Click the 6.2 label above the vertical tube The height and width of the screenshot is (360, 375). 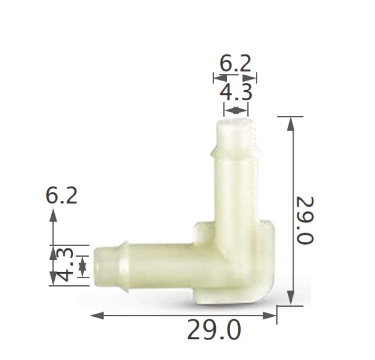(x=235, y=63)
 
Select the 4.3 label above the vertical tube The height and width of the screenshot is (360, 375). (x=236, y=92)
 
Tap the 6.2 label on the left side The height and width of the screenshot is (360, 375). (x=62, y=196)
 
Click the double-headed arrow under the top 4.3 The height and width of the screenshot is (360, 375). (x=236, y=110)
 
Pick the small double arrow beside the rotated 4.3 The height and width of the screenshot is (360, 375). (x=82, y=266)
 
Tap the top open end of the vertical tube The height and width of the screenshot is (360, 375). (x=235, y=124)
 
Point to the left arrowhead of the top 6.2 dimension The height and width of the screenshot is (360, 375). (x=217, y=78)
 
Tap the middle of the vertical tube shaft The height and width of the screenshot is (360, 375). (x=236, y=190)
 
